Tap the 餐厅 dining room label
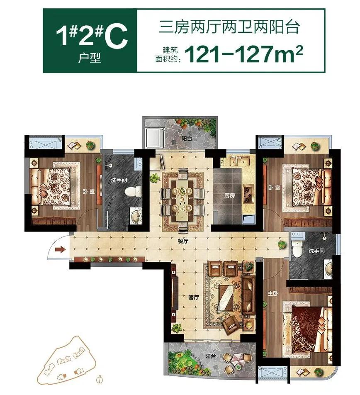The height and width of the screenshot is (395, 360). click(183, 241)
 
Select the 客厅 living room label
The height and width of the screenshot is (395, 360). click(194, 297)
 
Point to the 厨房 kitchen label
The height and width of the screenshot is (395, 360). click(229, 195)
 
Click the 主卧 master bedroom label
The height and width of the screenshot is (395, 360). click(272, 293)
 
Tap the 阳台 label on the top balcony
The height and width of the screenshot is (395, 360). click(187, 138)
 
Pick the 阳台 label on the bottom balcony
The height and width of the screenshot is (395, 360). click(210, 356)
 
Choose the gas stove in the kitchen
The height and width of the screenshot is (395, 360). click(248, 194)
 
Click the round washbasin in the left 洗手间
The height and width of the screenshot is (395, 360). click(136, 216)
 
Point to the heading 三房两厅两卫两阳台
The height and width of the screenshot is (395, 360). click(229, 27)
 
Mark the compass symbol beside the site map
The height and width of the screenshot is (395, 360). click(100, 378)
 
